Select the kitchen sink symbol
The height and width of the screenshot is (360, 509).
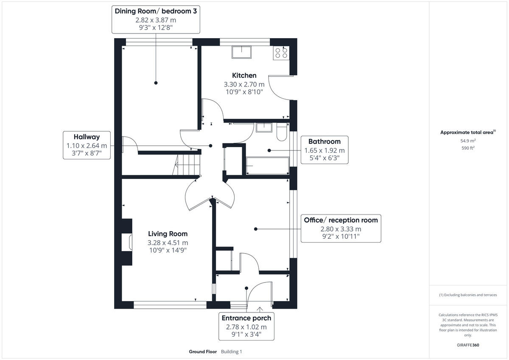[x=241, y=52]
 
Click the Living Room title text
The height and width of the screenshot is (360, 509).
[x=168, y=234]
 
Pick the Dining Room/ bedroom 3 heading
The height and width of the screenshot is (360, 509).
[x=156, y=11]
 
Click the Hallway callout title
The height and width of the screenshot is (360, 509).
[x=87, y=137]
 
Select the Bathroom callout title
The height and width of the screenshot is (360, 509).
[x=324, y=141]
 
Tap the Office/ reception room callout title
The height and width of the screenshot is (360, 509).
[x=341, y=220]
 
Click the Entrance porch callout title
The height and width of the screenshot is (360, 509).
[x=246, y=318]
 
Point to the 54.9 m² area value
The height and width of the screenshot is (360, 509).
[x=468, y=140]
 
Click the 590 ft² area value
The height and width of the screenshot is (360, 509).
[x=468, y=148]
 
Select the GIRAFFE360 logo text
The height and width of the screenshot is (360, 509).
[x=468, y=345]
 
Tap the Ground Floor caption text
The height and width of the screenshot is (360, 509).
[x=203, y=352]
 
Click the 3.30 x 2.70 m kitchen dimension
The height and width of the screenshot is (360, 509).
[x=244, y=84]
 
